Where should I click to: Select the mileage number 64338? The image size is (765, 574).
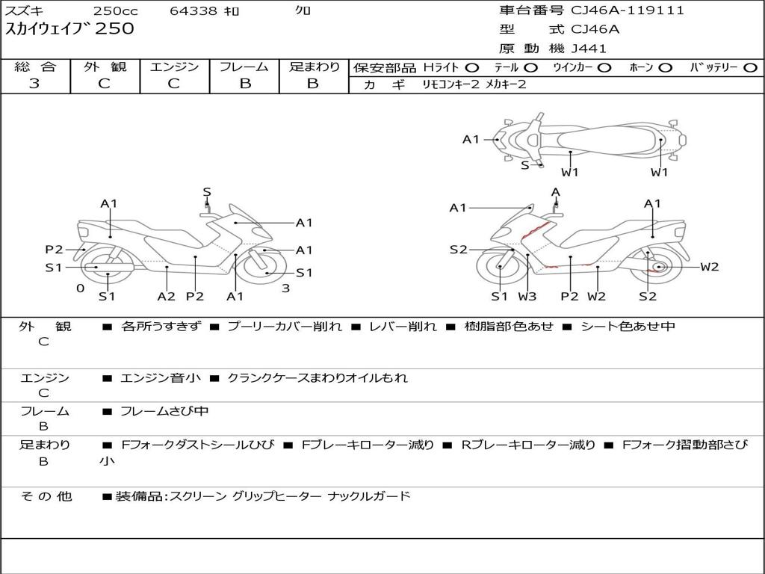(194, 11)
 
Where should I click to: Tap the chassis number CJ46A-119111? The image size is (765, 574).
(628, 10)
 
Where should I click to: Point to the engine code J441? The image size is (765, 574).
(589, 49)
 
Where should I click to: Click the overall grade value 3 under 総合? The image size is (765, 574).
(34, 84)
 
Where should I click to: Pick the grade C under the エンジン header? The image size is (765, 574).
(173, 84)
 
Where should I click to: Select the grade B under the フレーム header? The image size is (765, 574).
(244, 84)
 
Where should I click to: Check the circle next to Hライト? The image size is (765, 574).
(472, 68)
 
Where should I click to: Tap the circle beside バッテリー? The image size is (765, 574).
(749, 68)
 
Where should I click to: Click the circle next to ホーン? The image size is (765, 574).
(666, 68)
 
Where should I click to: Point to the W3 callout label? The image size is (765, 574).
(527, 297)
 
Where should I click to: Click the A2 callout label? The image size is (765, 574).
(166, 297)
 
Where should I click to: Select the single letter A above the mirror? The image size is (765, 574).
(556, 192)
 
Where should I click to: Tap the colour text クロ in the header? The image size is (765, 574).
(303, 11)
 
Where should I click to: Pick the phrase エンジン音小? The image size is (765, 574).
(160, 378)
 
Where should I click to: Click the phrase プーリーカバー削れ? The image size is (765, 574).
(284, 327)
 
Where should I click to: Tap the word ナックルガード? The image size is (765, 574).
(370, 496)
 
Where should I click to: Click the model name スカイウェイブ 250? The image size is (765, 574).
(70, 29)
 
